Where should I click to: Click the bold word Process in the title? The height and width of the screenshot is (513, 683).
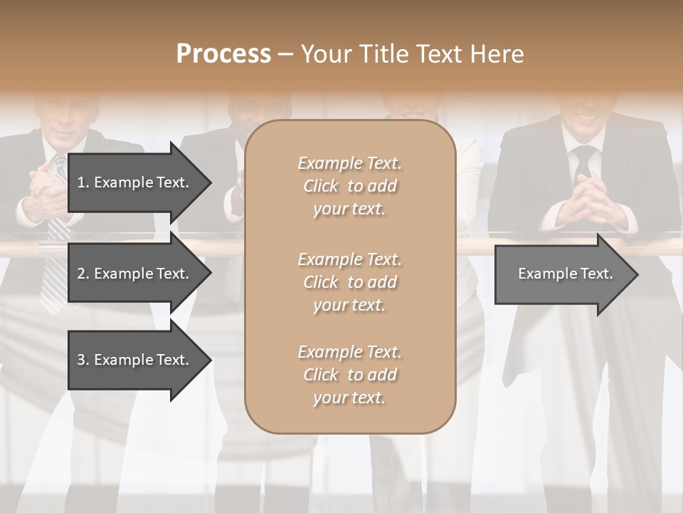(x=223, y=54)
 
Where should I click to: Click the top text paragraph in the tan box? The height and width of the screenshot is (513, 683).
(x=349, y=186)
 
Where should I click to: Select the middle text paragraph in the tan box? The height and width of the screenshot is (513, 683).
(x=349, y=282)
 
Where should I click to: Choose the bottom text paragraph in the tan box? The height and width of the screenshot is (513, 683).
(x=349, y=375)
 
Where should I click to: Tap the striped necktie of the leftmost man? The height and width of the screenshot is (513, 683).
(x=54, y=271)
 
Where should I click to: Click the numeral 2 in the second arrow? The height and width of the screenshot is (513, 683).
(x=81, y=274)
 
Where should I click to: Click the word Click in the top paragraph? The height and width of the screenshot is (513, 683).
(x=321, y=186)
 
